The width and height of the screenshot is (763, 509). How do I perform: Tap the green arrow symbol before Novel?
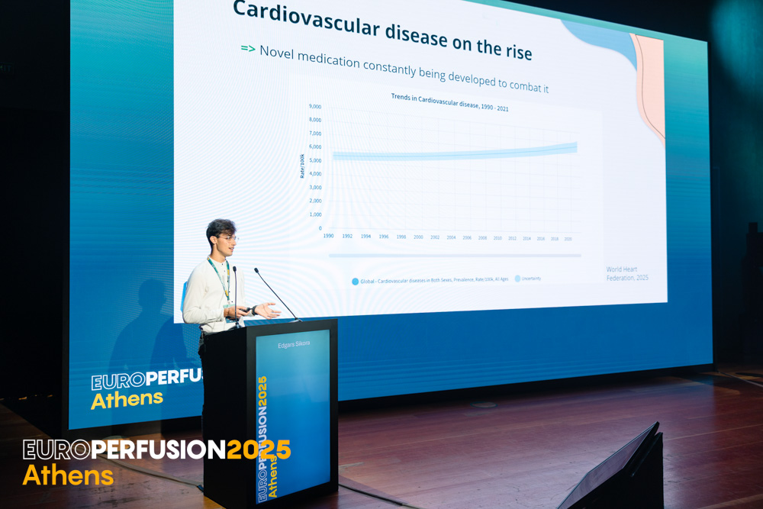pyautogui.click(x=248, y=49)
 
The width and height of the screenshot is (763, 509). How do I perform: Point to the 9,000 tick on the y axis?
pyautogui.click(x=315, y=107)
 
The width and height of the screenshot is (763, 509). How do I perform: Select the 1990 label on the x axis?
pyautogui.click(x=328, y=236)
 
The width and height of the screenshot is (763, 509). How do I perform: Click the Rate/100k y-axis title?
pyautogui.click(x=302, y=165)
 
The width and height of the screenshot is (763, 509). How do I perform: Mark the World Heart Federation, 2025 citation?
pyautogui.click(x=626, y=273)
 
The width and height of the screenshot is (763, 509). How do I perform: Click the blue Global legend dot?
pyautogui.click(x=356, y=282)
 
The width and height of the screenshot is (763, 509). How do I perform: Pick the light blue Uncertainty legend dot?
pyautogui.click(x=517, y=279)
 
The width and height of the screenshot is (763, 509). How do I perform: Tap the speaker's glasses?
pyautogui.click(x=228, y=238)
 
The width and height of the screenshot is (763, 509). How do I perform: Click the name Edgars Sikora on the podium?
pyautogui.click(x=293, y=343)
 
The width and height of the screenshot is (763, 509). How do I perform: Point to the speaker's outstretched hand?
pyautogui.click(x=268, y=309)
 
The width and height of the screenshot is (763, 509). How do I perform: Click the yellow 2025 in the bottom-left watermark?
pyautogui.click(x=259, y=450)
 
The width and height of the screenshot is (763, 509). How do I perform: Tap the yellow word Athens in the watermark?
pyautogui.click(x=68, y=475)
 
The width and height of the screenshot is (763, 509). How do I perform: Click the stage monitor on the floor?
pyautogui.click(x=618, y=469)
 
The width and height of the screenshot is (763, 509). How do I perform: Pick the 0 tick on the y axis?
pyautogui.click(x=320, y=228)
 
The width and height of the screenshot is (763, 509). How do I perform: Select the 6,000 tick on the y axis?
pyautogui.click(x=315, y=147)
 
